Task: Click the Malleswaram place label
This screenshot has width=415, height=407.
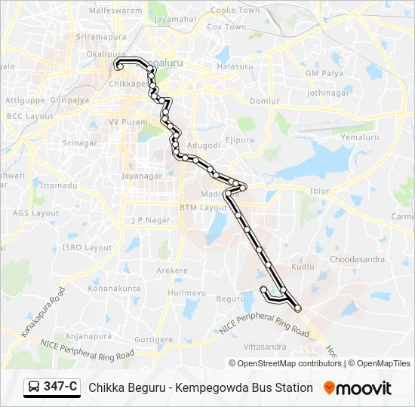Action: [x=115, y=11]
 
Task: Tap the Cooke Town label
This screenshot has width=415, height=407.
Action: [x=234, y=11]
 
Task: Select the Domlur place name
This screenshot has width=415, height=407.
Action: [x=264, y=101]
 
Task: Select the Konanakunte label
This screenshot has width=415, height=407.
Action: [x=115, y=289]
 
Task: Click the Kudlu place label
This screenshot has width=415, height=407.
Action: [x=302, y=267]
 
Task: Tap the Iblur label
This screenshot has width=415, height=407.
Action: [x=320, y=191]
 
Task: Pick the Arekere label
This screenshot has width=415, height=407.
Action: [x=171, y=271]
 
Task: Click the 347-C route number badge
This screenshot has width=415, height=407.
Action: [x=60, y=387]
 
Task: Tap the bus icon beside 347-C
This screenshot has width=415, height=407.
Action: [x=35, y=387]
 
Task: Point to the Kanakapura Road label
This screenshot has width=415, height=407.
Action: [x=44, y=311]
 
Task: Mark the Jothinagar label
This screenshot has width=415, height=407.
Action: [x=327, y=93]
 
